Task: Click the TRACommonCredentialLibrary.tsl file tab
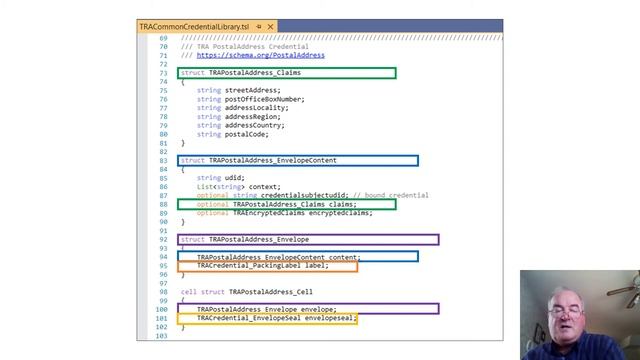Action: pyautogui.click(x=194, y=26)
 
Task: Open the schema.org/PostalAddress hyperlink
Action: pyautogui.click(x=260, y=56)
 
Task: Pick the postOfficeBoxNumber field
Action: pyautogui.click(x=264, y=99)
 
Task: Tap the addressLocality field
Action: pyautogui.click(x=255, y=108)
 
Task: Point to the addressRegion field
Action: pyautogui.click(x=252, y=116)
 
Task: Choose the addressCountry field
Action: pyautogui.click(x=254, y=125)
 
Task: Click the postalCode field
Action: pyautogui.click(x=246, y=134)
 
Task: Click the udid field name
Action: pyautogui.click(x=234, y=178)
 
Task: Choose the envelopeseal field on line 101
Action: pyautogui.click(x=328, y=318)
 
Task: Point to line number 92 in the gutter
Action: pyautogui.click(x=162, y=240)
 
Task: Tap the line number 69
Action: pyautogui.click(x=162, y=38)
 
